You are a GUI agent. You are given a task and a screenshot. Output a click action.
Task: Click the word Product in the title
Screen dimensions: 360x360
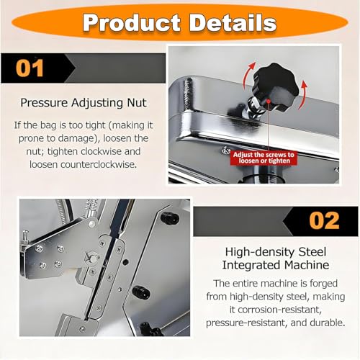coord(132,23)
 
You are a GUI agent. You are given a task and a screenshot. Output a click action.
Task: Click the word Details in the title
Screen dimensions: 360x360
coord(233,23)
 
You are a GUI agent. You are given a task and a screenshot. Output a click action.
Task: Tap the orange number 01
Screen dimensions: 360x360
coord(30,68)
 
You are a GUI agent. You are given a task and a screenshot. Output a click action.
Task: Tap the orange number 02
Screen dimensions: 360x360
coord(324,221)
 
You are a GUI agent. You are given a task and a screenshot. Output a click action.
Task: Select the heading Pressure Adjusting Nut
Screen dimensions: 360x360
coord(84,103)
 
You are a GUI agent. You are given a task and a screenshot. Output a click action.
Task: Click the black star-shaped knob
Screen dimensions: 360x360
coord(276,86)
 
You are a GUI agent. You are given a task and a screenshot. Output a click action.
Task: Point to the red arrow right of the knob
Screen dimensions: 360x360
coord(303,95)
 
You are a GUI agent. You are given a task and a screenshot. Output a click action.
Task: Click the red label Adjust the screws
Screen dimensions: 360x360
coord(264,158)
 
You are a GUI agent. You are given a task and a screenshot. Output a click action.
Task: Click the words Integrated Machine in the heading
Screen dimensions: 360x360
coord(275,265)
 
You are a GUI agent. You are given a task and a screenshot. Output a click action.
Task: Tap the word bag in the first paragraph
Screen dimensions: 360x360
coord(48,125)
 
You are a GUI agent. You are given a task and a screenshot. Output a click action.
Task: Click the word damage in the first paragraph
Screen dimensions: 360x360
coord(76,138)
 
